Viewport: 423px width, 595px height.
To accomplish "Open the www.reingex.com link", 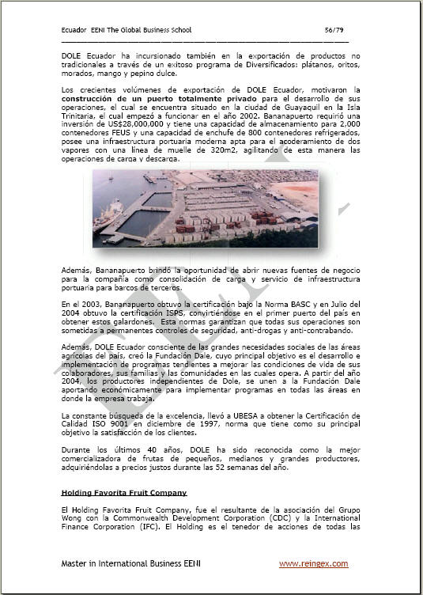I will point(313,563).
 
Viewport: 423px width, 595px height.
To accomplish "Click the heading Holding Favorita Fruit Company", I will point(123,492).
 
